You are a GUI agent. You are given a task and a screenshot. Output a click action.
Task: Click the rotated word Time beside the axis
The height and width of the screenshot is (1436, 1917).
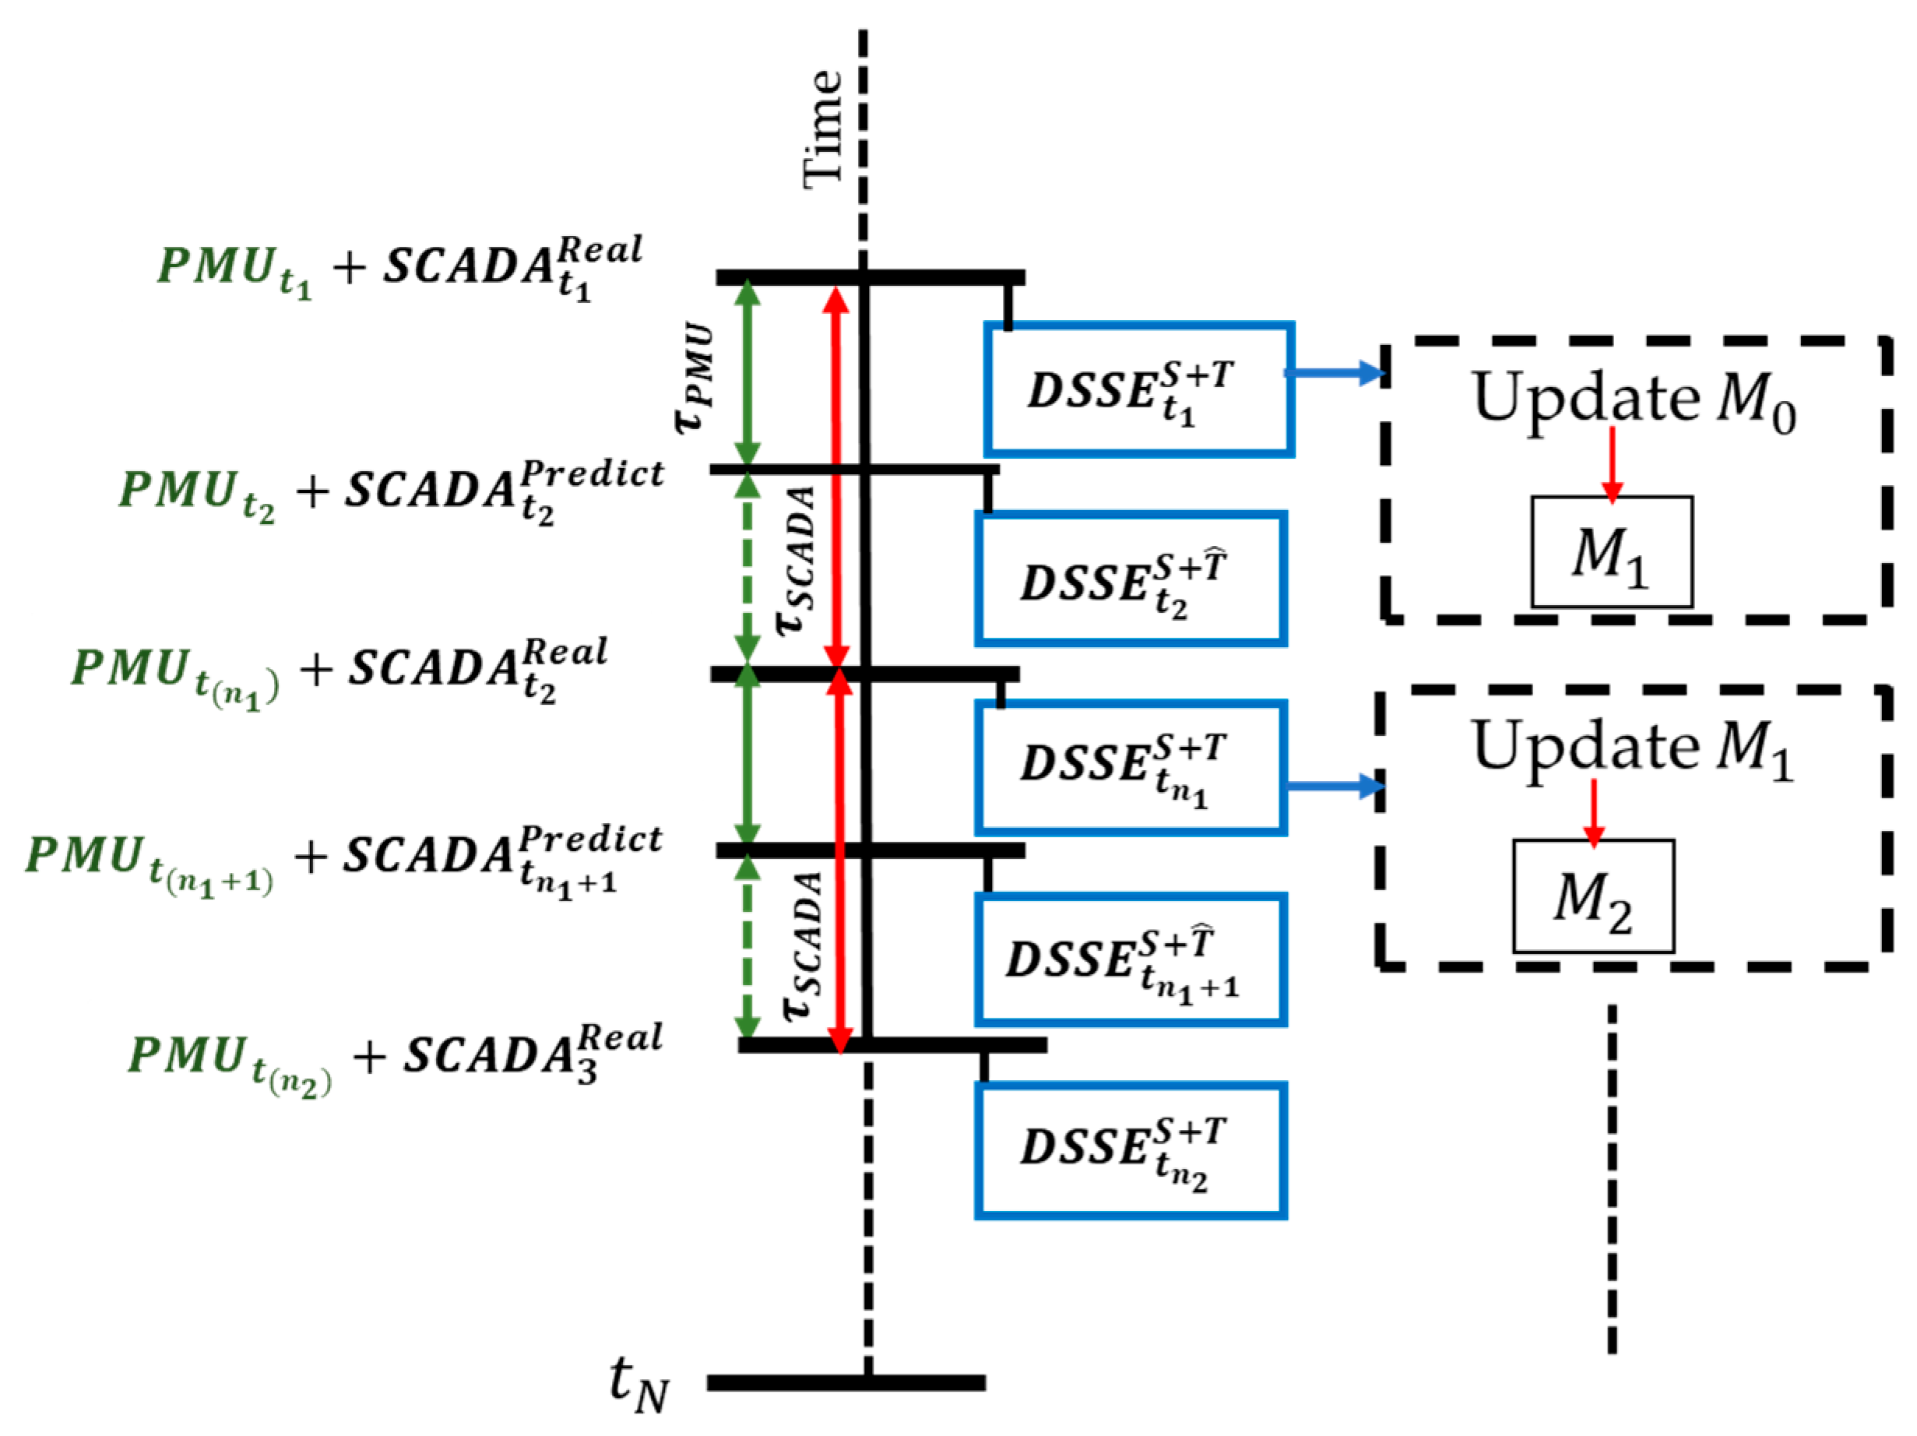tap(821, 130)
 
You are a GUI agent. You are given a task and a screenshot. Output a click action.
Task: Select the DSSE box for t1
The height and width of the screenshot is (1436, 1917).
tap(1139, 390)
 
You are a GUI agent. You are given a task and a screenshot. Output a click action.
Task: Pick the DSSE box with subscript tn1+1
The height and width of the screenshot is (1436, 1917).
tap(1130, 959)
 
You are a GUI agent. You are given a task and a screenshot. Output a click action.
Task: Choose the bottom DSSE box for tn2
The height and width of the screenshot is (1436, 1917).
tap(1130, 1151)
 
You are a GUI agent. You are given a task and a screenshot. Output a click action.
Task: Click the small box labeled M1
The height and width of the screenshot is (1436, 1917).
tap(1611, 552)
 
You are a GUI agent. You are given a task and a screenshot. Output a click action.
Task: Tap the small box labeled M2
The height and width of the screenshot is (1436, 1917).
tap(1593, 896)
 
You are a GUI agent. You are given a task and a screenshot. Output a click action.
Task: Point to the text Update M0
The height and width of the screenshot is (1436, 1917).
tap(1634, 400)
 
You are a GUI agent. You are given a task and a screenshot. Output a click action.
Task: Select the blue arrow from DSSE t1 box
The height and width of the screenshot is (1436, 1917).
tap(1335, 374)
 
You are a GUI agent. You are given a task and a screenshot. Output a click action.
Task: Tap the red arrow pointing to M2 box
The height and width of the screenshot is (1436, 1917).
tap(1593, 812)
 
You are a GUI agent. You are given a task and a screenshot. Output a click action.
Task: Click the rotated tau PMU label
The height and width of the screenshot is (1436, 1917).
tap(696, 378)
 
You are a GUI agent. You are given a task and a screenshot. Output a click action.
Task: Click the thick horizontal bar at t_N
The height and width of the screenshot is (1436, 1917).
tap(846, 1382)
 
